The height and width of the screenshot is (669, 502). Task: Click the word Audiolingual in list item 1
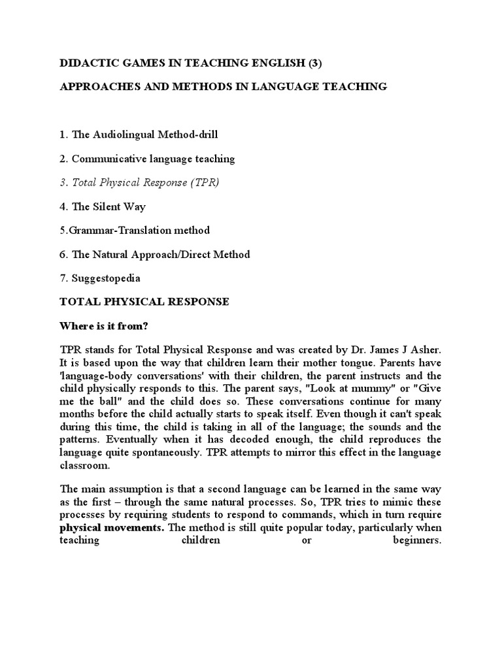click(x=123, y=135)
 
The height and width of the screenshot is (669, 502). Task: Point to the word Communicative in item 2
click(x=105, y=159)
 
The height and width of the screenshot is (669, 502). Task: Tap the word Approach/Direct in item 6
click(x=171, y=254)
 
